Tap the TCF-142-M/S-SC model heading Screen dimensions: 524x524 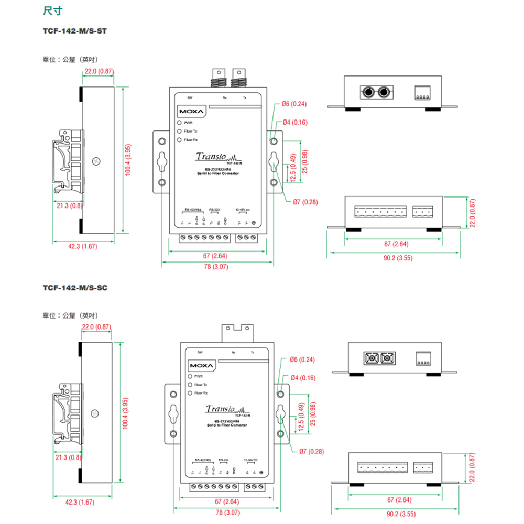click(75, 288)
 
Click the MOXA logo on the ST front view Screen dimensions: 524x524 click(190, 112)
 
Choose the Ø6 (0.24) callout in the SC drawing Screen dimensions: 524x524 click(302, 359)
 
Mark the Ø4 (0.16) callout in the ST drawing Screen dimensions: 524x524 click(296, 123)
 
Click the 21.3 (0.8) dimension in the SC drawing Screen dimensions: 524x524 click(68, 457)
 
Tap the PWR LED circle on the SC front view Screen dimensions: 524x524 click(189, 376)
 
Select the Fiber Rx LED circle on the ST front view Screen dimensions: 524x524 click(179, 140)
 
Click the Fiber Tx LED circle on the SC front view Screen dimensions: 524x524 click(189, 385)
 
